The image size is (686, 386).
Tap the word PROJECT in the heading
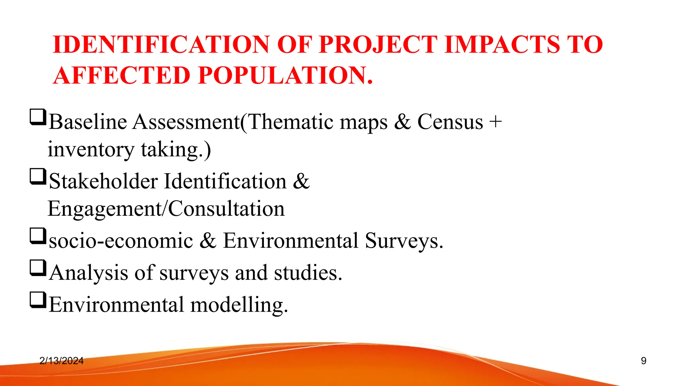coord(378,45)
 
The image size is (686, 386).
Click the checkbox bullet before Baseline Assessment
coord(38,117)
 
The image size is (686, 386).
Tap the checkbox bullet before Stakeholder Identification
coord(38,177)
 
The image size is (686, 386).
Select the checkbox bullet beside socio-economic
coord(38,236)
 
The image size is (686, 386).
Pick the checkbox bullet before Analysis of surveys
coord(38,268)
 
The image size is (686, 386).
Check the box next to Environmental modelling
coord(38,300)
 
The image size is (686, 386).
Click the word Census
coord(450,122)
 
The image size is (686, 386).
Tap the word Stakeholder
coord(104,181)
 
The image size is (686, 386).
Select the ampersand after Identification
coord(301,181)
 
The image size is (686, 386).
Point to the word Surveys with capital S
coord(404,241)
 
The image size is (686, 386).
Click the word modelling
coord(239,305)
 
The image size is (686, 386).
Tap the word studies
coord(308,273)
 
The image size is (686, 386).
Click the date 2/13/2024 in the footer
coord(61,361)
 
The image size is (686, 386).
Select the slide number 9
coord(643,361)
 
